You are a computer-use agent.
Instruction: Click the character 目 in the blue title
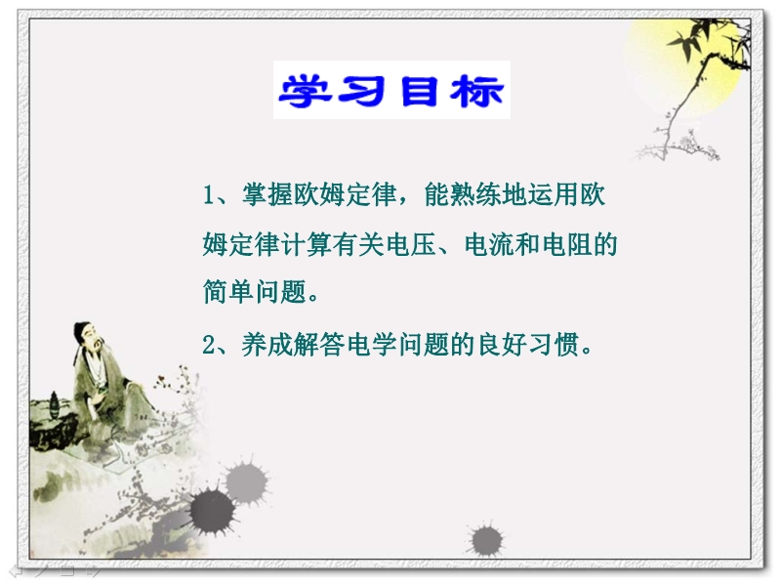click(x=419, y=91)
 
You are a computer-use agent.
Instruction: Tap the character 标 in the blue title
click(x=476, y=91)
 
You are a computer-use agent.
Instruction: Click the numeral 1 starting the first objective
click(x=209, y=194)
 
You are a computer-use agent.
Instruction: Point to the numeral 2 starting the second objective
click(x=209, y=345)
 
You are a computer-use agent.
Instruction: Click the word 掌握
click(x=267, y=194)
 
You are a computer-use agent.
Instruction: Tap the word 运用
click(x=554, y=194)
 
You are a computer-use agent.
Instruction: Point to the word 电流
click(x=490, y=244)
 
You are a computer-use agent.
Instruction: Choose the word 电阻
click(x=567, y=244)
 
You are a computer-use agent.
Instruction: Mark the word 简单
click(x=228, y=291)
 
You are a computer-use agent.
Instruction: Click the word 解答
click(x=319, y=345)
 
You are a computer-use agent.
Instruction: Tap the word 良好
click(x=503, y=345)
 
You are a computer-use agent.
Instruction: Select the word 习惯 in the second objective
click(x=555, y=345)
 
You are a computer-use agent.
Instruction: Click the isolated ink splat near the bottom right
click(x=485, y=540)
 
